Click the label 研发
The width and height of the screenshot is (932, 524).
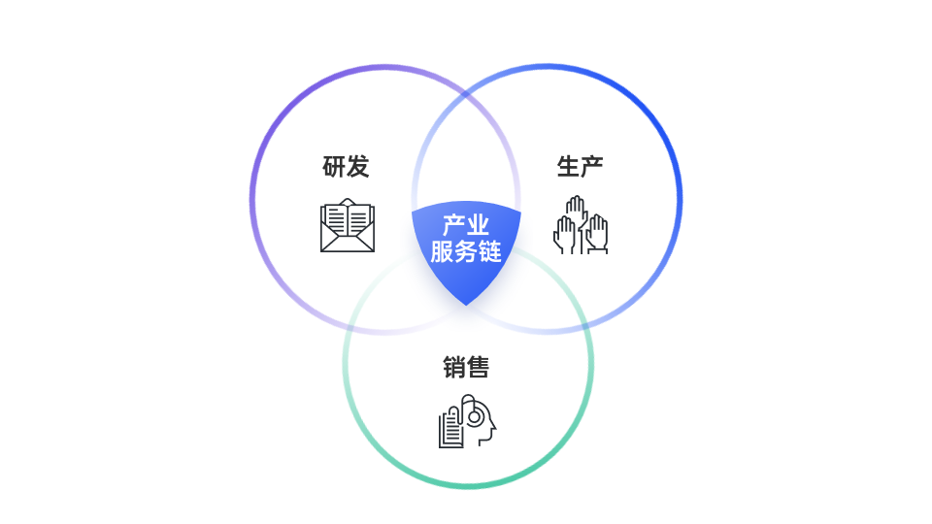pos(346,166)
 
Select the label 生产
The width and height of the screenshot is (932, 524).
pos(581,166)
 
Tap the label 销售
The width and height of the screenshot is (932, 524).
pos(466,367)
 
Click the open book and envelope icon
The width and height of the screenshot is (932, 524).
pos(348,225)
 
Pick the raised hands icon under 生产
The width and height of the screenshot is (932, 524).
pos(581,225)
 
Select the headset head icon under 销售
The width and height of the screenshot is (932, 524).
pos(467,420)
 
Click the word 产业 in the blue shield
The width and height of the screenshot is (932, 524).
pos(466,225)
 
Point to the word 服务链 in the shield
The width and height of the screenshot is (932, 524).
pos(466,250)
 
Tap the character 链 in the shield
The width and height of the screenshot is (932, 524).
pos(490,250)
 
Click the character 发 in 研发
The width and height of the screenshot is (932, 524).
pos(358,166)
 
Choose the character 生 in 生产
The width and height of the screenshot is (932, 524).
pos(568,166)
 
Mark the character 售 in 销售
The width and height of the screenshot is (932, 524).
pos(478,367)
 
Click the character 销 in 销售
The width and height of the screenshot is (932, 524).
pos(454,367)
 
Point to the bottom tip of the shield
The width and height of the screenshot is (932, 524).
pos(466,306)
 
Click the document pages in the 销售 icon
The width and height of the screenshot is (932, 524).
pos(450,427)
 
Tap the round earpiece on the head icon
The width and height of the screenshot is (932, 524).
pos(475,417)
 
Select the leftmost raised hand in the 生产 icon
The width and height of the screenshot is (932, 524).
pos(564,235)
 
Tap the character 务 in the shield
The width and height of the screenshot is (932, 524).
pos(466,250)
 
